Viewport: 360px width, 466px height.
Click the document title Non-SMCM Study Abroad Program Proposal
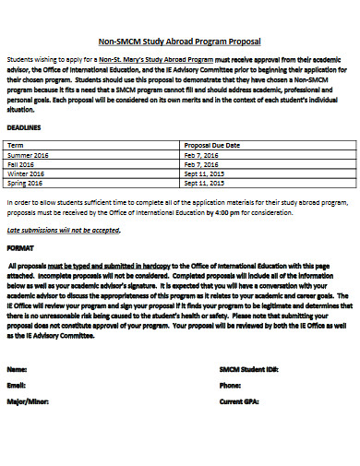pyautogui.click(x=179, y=41)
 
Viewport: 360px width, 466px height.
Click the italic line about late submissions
pyautogui.click(x=64, y=228)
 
